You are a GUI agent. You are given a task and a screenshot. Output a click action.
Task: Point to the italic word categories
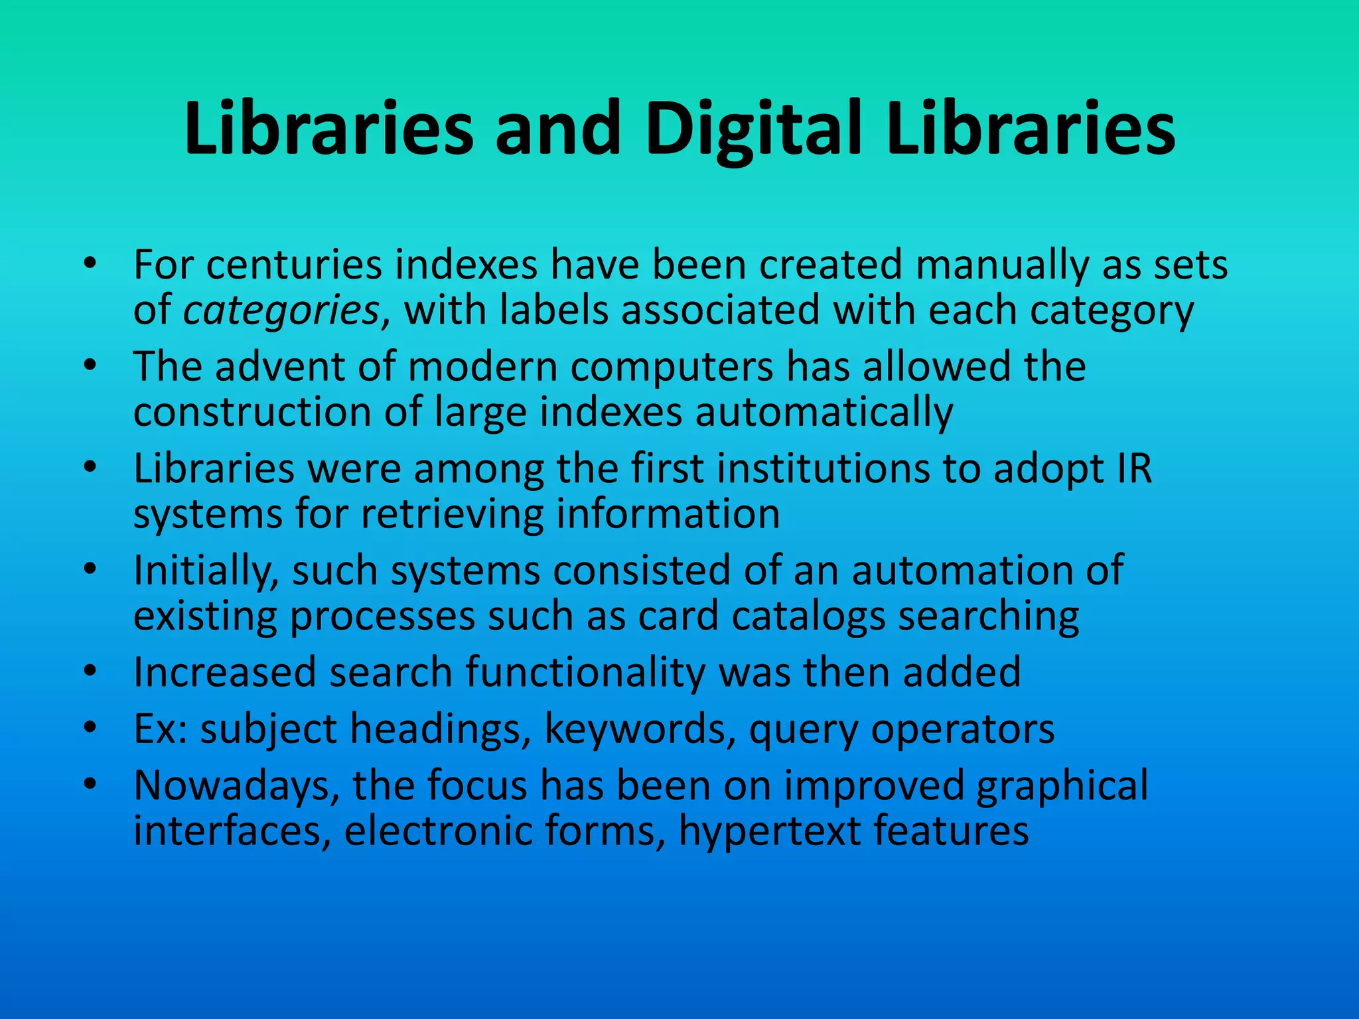tap(281, 312)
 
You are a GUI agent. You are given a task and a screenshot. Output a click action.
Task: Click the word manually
tap(1003, 266)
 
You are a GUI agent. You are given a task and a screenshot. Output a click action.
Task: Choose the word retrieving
tap(451, 515)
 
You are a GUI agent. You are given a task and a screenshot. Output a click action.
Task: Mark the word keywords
tap(640, 730)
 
